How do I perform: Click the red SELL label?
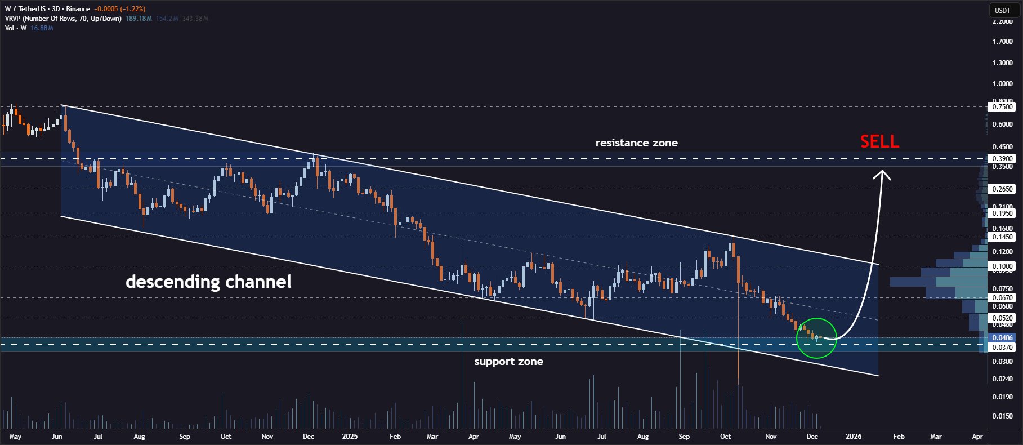(x=879, y=141)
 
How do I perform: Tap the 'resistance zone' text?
(x=636, y=143)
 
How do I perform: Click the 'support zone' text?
(x=508, y=362)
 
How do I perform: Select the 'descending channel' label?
(x=208, y=282)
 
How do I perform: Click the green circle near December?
(x=816, y=338)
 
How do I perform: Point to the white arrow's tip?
(x=882, y=172)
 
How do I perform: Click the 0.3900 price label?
(x=1002, y=159)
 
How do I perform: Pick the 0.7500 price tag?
(x=1002, y=107)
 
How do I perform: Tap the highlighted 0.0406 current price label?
(x=1002, y=338)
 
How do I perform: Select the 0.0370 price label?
(x=1002, y=348)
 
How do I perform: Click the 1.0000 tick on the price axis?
(x=1002, y=84)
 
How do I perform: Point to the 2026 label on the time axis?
(x=853, y=437)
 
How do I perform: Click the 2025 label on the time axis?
(x=350, y=437)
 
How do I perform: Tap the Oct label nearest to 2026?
(x=725, y=437)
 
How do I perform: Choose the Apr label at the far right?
(x=977, y=437)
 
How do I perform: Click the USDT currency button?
(x=1002, y=10)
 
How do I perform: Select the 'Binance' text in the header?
(x=78, y=9)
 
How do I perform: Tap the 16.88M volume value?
(x=42, y=28)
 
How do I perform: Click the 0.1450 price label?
(x=1002, y=237)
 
